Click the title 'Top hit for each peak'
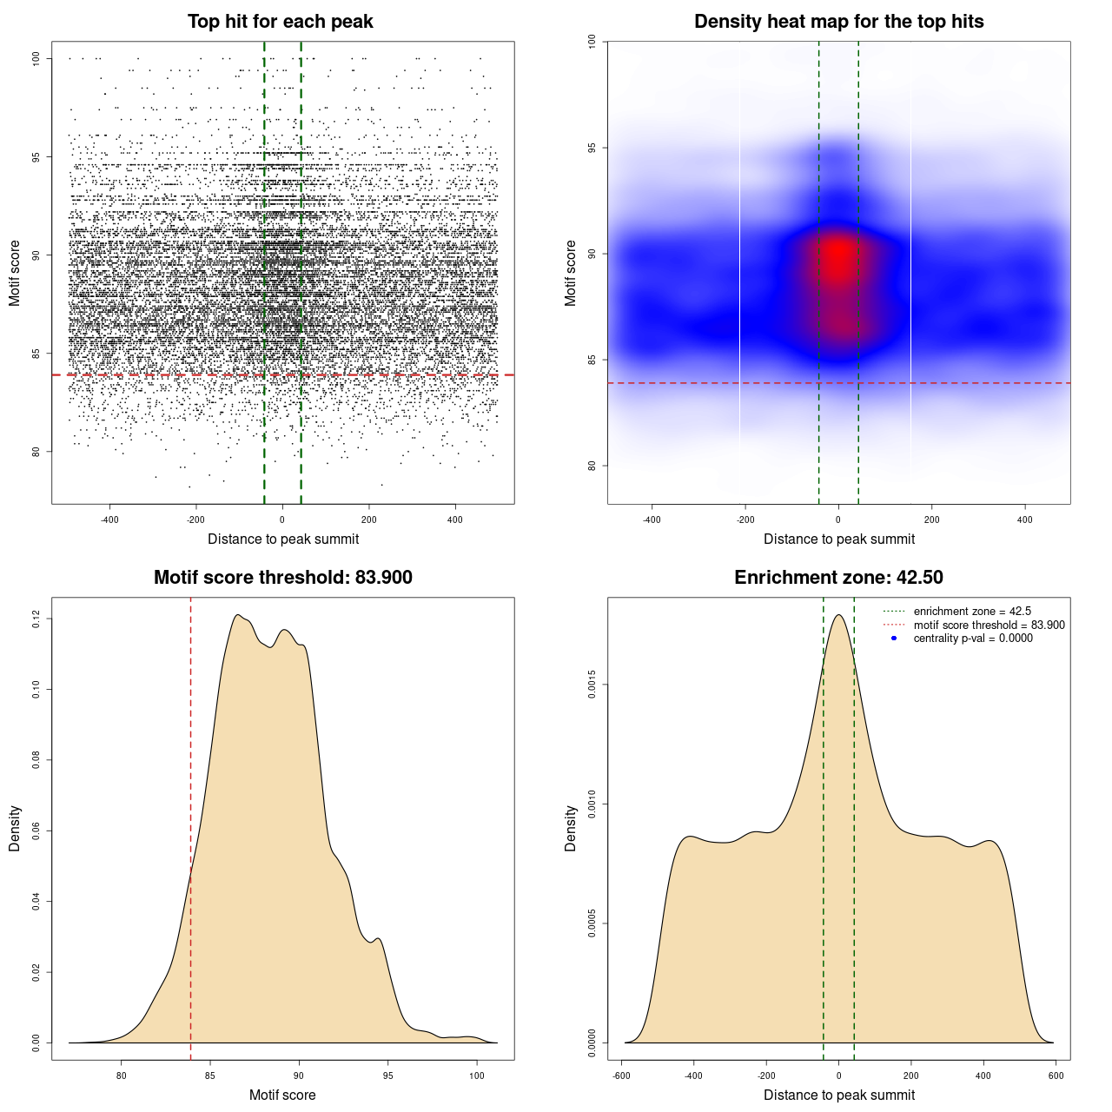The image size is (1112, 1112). tap(281, 22)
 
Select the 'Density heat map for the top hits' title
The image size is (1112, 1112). tap(838, 22)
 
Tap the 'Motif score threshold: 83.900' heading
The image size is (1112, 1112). tap(282, 578)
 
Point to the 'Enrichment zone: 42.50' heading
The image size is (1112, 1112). tap(838, 578)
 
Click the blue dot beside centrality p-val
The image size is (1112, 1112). tap(894, 639)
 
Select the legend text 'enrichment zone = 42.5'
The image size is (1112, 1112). tap(972, 612)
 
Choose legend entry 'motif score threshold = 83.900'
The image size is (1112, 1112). tap(989, 625)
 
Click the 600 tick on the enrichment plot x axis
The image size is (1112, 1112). tap(1056, 1076)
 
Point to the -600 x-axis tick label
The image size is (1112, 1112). tap(621, 1076)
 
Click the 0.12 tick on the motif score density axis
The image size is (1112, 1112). tap(36, 619)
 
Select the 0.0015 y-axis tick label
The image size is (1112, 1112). tap(592, 685)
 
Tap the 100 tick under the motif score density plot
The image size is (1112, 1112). tap(476, 1076)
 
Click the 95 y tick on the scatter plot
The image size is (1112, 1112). tap(36, 157)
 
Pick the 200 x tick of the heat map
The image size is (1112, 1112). tap(931, 520)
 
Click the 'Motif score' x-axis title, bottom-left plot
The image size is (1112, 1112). tap(282, 1095)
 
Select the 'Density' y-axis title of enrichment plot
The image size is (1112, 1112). tap(571, 828)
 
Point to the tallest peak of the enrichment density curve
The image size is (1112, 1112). tap(838, 615)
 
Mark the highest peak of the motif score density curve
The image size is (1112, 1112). tap(237, 615)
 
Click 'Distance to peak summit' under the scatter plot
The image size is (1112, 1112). tap(283, 539)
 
